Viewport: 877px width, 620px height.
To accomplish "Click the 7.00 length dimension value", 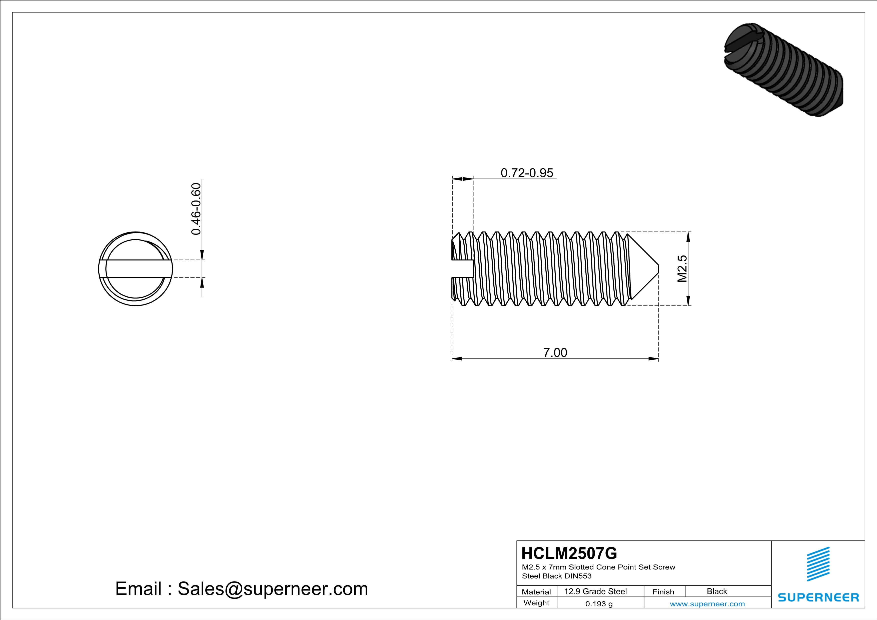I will [555, 352].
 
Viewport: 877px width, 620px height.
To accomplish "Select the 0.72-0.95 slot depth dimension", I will [527, 173].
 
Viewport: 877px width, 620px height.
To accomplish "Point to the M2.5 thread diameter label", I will [682, 269].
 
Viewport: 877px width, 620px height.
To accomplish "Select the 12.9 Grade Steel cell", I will [595, 591].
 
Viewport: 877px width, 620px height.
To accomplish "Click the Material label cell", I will [536, 592].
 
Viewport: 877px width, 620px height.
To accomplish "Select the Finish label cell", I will [663, 592].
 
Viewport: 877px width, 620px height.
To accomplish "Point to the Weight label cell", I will [536, 603].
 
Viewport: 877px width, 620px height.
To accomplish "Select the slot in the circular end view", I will [136, 269].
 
